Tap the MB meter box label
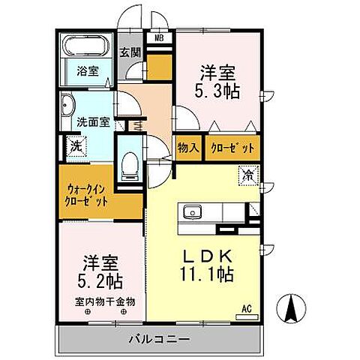point(160,37)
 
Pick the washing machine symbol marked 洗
point(76,145)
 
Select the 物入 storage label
point(188,149)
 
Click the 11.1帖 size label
point(205,274)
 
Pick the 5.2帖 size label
point(100,283)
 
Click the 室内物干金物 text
point(104,302)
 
